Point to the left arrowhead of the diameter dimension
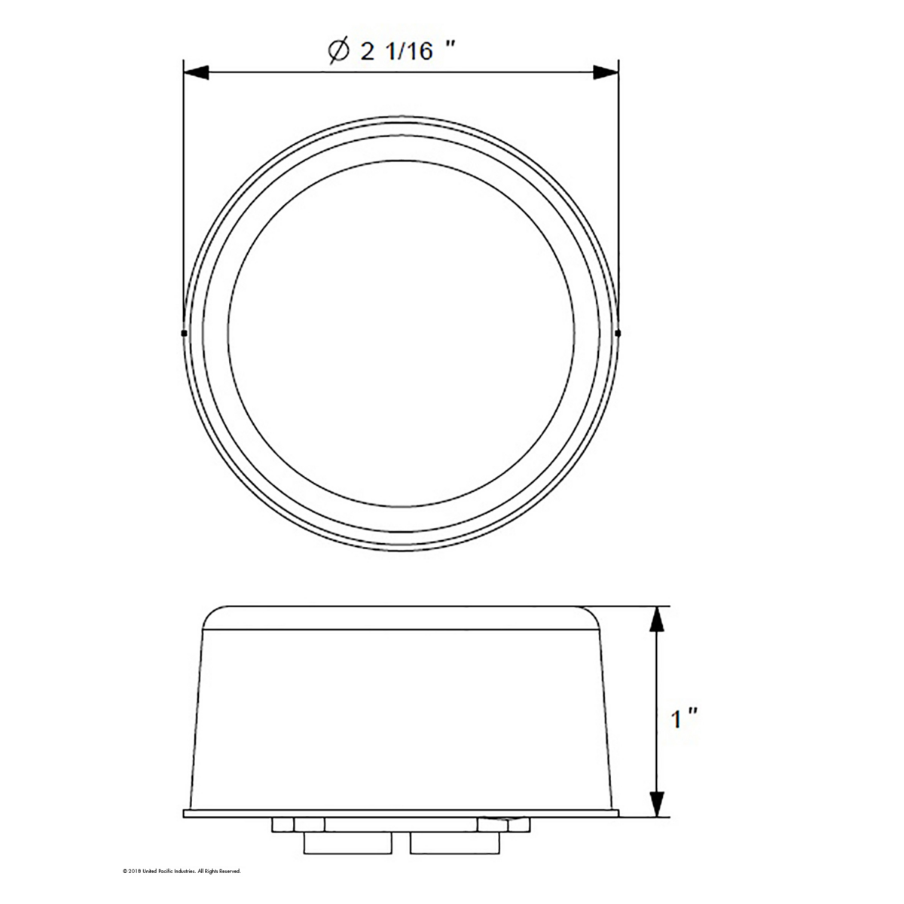click(196, 72)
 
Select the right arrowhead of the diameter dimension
click(606, 72)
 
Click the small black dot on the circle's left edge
click(184, 331)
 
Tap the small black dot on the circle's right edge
click(618, 331)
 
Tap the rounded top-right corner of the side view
click(592, 614)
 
